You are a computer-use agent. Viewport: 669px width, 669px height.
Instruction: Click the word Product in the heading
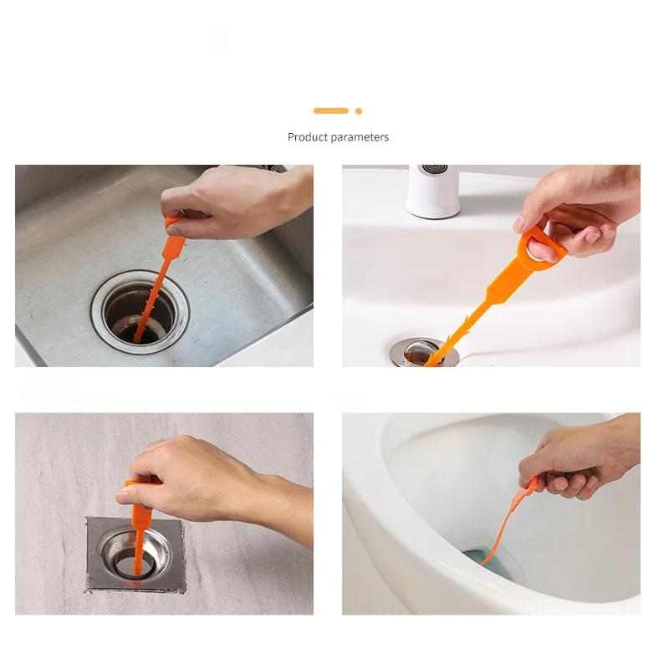click(307, 137)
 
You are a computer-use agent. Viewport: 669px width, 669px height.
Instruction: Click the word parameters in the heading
click(360, 137)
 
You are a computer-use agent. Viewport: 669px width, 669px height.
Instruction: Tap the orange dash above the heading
click(330, 110)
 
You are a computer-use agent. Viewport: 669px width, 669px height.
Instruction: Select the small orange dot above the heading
click(359, 110)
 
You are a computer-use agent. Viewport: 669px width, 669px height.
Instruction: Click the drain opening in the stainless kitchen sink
click(140, 316)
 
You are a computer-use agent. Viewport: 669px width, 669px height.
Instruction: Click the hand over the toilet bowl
click(577, 460)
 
